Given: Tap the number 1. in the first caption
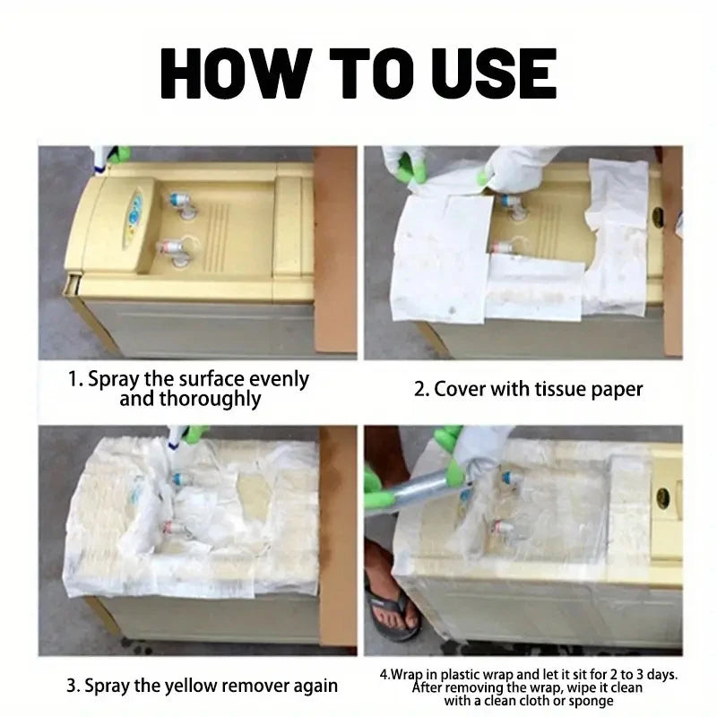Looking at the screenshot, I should click(x=76, y=379).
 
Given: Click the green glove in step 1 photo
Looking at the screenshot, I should click(x=117, y=154).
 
